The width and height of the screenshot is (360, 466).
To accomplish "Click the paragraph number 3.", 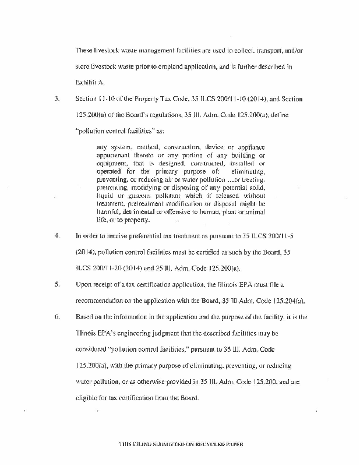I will click(57, 99).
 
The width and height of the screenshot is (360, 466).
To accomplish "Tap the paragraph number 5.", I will click(57, 285).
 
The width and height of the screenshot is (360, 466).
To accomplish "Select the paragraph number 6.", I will click(57, 317).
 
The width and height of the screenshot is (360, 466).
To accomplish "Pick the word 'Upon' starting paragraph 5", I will click(84, 285).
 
